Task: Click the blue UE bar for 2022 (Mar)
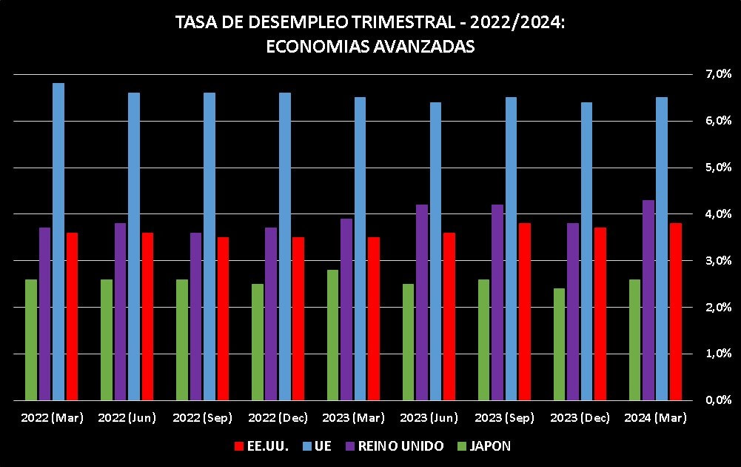coord(58,242)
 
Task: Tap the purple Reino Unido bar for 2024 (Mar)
coord(648,300)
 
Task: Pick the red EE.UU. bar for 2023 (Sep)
coord(524,311)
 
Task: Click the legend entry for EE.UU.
coord(260,446)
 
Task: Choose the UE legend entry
coord(319,446)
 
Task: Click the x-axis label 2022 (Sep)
coord(203,418)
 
